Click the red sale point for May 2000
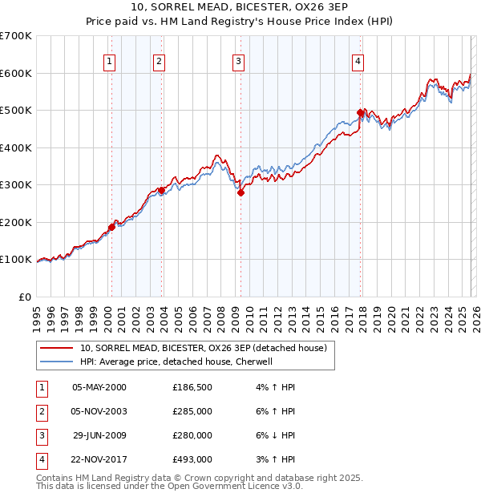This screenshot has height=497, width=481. pyautogui.click(x=111, y=227)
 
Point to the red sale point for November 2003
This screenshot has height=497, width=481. pyautogui.click(x=161, y=190)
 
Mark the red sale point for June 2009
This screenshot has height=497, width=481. pyautogui.click(x=240, y=192)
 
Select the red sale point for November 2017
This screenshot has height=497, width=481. pyautogui.click(x=360, y=112)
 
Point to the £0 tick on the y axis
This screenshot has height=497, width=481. pyautogui.click(x=26, y=297)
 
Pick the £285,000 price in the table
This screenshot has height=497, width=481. pyautogui.click(x=192, y=411)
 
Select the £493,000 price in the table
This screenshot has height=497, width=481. pyautogui.click(x=192, y=459)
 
